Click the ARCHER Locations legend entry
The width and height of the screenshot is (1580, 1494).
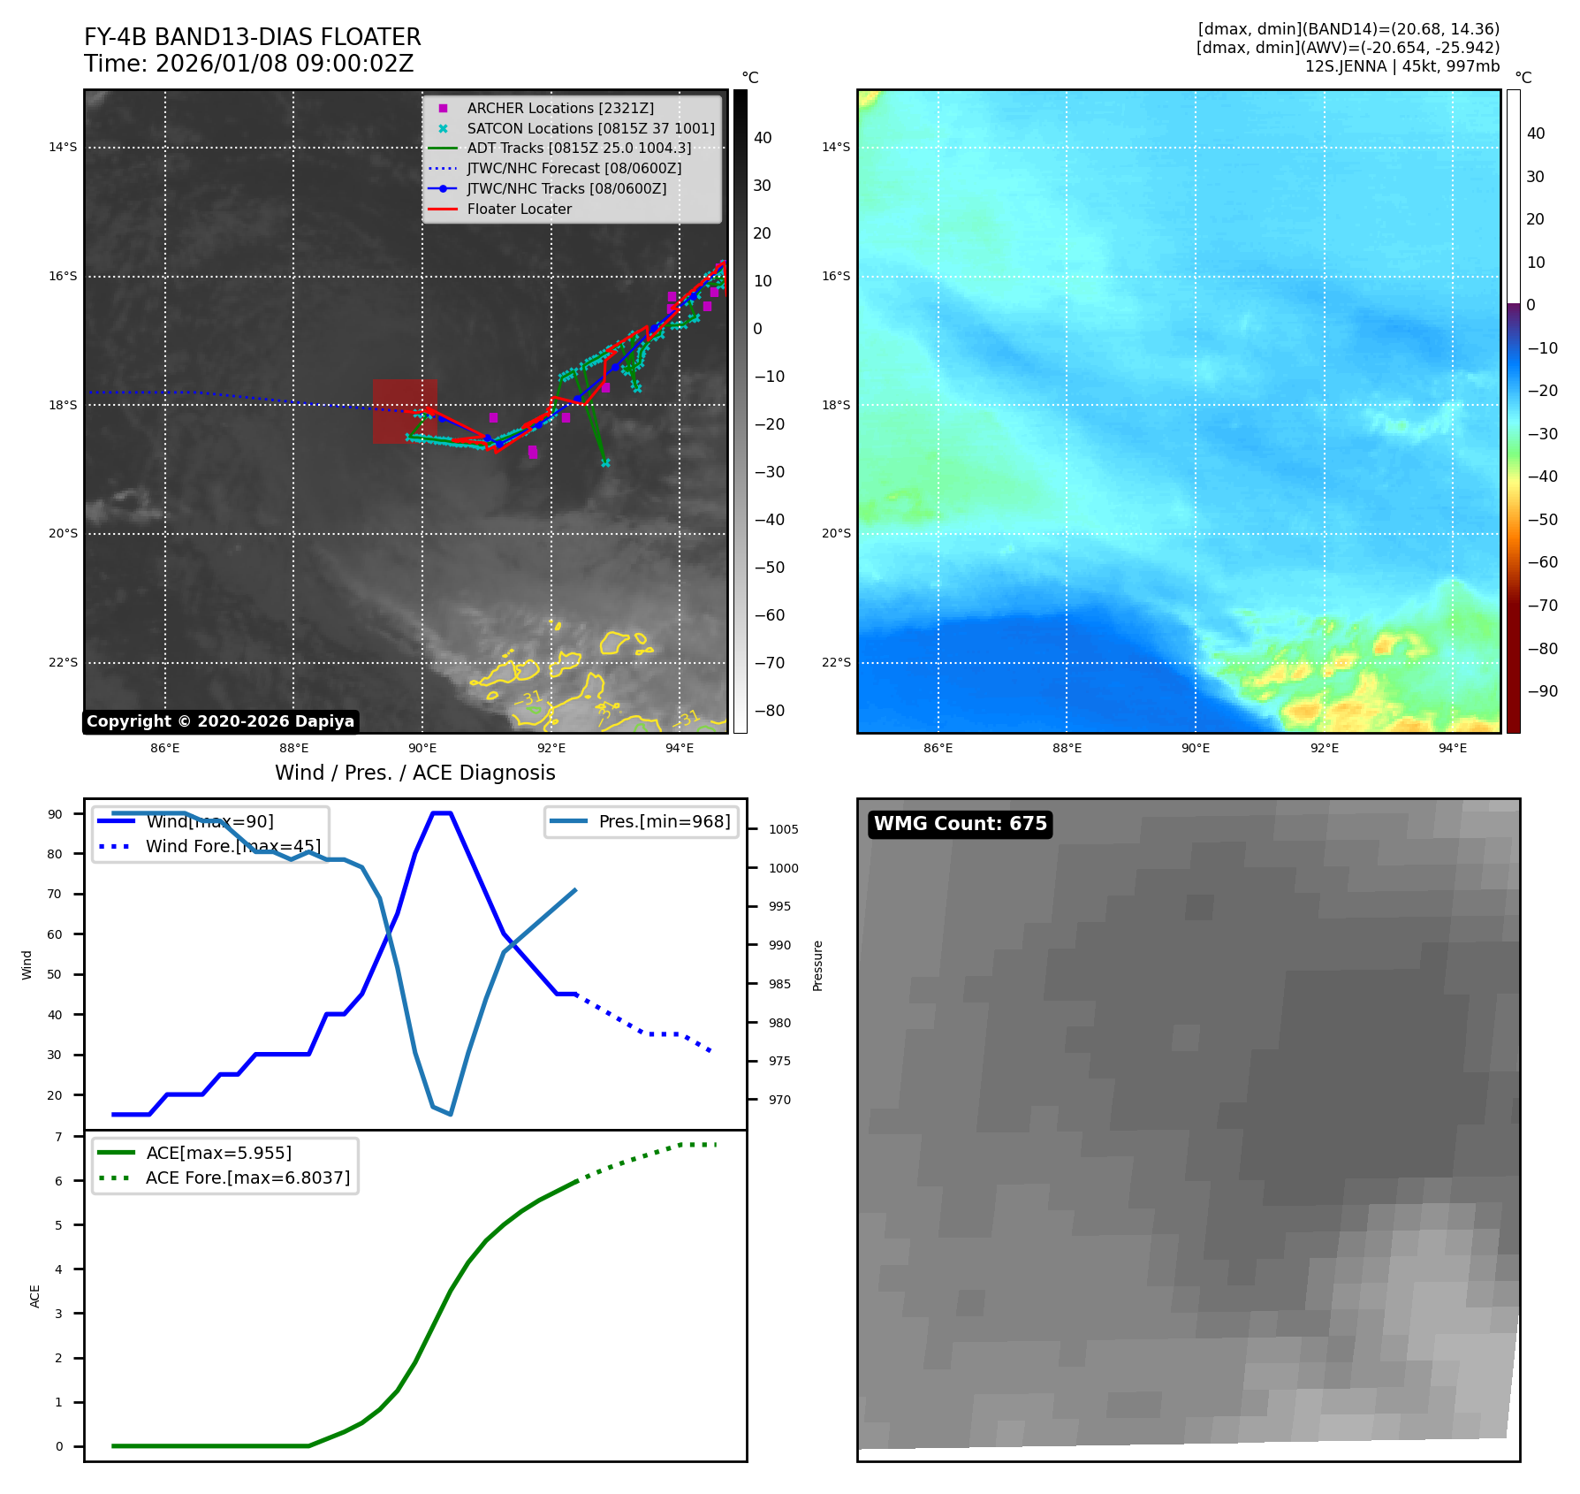[560, 108]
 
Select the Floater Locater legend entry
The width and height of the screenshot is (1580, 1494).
[519, 209]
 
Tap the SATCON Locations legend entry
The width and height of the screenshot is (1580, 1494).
[590, 128]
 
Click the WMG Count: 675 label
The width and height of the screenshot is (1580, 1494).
[960, 824]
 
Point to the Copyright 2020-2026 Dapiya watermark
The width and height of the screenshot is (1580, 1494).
[220, 721]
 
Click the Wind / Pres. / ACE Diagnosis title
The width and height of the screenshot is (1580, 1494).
[414, 773]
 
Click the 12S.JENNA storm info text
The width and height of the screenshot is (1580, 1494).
[1401, 66]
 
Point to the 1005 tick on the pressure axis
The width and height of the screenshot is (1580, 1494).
[783, 829]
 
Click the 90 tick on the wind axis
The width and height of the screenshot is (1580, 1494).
[55, 814]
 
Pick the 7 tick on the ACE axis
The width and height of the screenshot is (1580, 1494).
[58, 1137]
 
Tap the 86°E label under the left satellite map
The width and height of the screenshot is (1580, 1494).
[165, 748]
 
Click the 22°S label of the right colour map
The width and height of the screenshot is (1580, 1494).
[836, 662]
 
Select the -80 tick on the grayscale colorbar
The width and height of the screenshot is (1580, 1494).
[769, 711]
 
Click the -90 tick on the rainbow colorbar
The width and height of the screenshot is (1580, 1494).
[1542, 691]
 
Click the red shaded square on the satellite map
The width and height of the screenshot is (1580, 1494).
[405, 411]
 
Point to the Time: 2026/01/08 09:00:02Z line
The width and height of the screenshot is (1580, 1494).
[248, 64]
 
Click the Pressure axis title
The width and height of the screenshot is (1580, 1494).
[817, 965]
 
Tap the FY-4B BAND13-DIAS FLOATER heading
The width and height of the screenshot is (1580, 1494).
[252, 37]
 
